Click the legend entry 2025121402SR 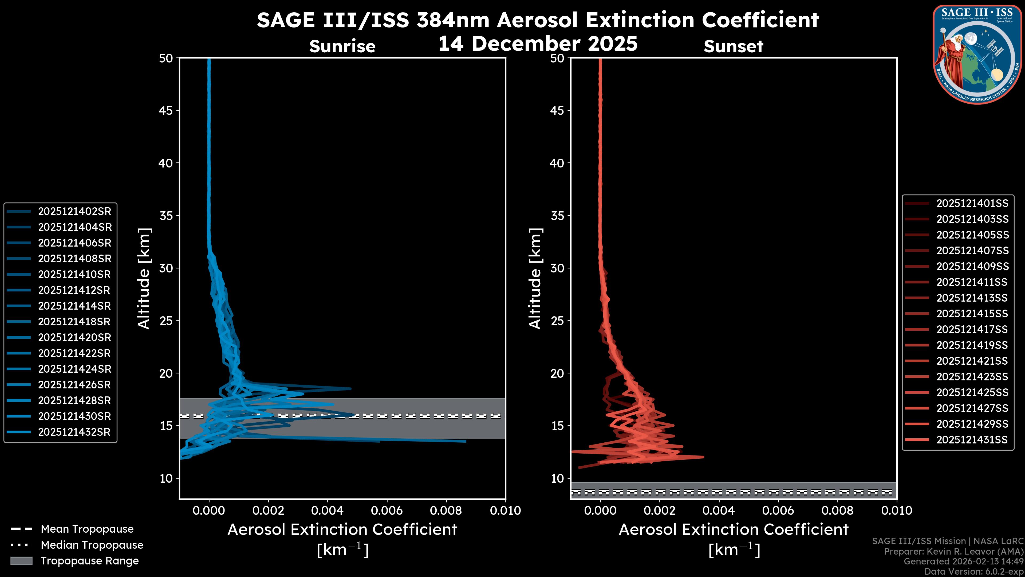[x=74, y=211]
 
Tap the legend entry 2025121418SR [x=74, y=322]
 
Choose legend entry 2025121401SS [x=972, y=204]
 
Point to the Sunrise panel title [x=342, y=46]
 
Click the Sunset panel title [x=733, y=46]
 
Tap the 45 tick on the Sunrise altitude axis [x=166, y=111]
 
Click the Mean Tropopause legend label [x=87, y=529]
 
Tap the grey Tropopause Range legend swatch [x=21, y=561]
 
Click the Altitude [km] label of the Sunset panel [x=535, y=278]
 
